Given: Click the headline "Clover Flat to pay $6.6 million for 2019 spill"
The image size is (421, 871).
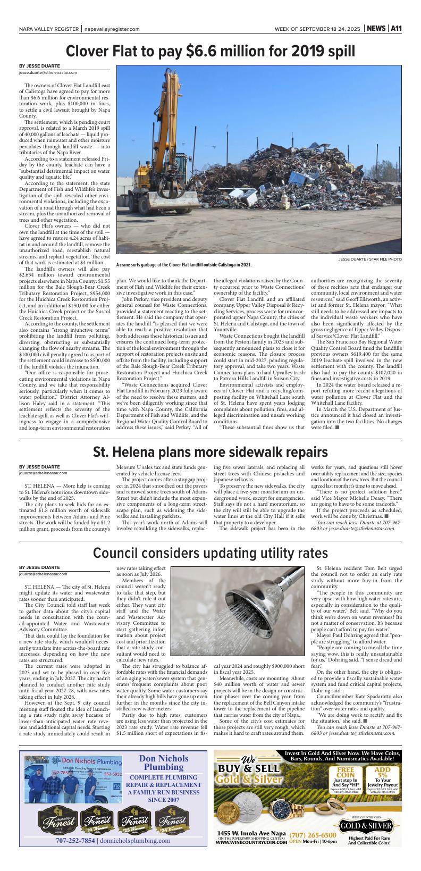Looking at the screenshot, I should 210,51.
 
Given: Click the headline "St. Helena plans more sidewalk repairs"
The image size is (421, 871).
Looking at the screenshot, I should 210,453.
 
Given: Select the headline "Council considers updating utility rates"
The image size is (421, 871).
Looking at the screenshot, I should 210,553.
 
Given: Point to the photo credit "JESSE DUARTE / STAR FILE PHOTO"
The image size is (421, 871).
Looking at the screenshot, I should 370,259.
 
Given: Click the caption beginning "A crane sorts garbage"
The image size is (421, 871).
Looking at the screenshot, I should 184,264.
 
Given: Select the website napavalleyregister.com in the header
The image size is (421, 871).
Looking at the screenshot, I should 112,29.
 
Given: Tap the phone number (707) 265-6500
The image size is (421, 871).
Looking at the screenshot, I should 313,835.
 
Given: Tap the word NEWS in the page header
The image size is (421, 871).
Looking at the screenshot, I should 376,29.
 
